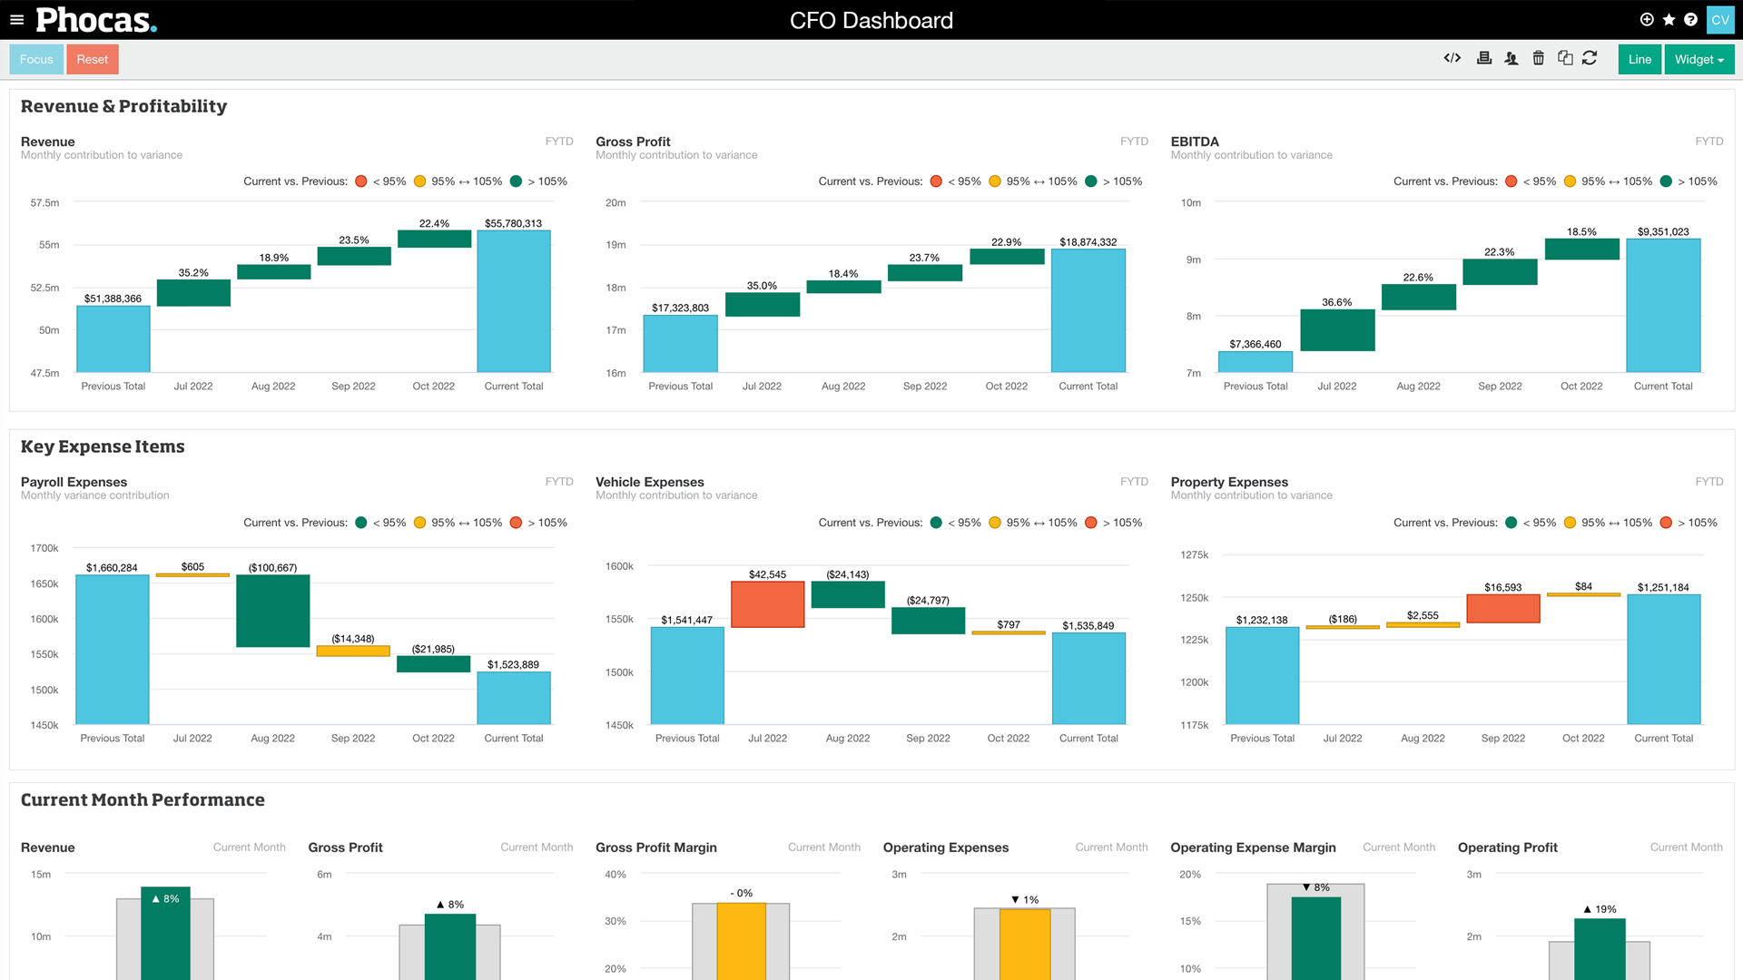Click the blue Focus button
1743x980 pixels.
click(x=36, y=60)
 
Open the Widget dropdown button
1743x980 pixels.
click(x=1699, y=60)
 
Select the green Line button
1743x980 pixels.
click(x=1640, y=60)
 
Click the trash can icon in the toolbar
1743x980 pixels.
click(x=1538, y=58)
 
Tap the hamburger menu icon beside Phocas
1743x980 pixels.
click(x=16, y=20)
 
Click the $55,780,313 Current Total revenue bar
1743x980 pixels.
click(x=514, y=301)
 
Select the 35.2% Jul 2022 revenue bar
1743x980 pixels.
click(x=193, y=293)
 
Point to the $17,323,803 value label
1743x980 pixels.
click(x=680, y=309)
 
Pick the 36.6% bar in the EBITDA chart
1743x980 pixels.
click(x=1337, y=330)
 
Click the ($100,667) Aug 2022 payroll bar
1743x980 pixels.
click(x=273, y=611)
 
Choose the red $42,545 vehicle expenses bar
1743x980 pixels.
click(x=768, y=604)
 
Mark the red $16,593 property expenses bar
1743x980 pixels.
click(x=1503, y=609)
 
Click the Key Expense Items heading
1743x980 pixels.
click(x=103, y=446)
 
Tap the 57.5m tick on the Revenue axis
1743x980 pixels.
click(x=44, y=203)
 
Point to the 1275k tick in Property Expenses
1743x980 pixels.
click(x=1194, y=555)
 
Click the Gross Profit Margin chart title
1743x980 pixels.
click(x=656, y=848)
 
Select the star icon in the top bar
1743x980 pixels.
click(x=1669, y=20)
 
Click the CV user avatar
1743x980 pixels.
click(x=1720, y=20)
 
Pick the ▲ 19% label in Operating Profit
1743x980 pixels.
click(x=1600, y=909)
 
